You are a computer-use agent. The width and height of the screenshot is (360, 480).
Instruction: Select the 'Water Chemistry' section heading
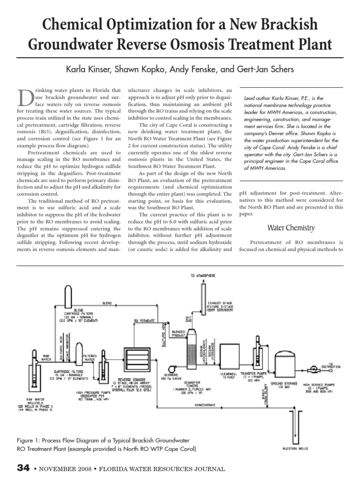click(291, 228)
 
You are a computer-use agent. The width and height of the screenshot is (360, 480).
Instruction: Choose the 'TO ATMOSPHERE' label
click(203, 276)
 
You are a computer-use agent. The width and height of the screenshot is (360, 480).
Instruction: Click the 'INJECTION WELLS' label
click(295, 448)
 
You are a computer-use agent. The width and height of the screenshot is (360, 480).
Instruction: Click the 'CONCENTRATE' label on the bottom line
click(204, 404)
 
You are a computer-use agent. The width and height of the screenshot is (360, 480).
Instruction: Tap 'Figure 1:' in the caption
click(30, 441)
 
